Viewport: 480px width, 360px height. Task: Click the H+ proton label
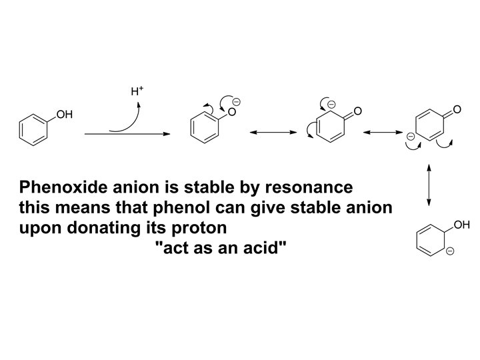[x=137, y=91]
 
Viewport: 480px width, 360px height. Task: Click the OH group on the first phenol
[x=64, y=115]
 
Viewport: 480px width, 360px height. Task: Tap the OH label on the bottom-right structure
[x=461, y=225]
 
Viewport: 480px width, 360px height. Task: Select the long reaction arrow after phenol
[x=127, y=134]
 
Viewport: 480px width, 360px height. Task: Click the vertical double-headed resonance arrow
[x=429, y=185]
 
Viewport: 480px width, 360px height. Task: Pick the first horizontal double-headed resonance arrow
[x=273, y=132]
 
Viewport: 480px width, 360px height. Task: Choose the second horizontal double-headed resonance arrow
[x=383, y=132]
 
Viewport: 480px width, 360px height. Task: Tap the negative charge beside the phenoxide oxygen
[x=236, y=102]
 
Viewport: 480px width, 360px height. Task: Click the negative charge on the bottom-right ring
[x=450, y=251]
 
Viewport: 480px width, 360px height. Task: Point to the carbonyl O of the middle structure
[x=357, y=111]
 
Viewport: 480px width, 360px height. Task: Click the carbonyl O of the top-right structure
[x=457, y=109]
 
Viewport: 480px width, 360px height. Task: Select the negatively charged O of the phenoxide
[x=232, y=112]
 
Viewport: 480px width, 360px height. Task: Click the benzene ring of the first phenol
[x=33, y=130]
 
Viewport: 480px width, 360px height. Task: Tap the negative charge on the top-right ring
[x=411, y=136]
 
